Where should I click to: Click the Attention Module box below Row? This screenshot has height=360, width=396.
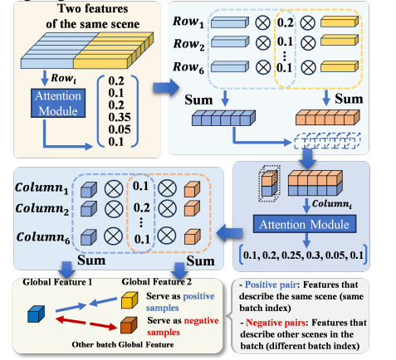(58, 103)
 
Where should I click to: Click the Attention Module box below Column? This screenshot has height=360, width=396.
(305, 224)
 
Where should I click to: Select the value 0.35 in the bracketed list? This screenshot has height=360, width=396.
(120, 117)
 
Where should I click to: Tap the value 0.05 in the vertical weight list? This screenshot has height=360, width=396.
(120, 129)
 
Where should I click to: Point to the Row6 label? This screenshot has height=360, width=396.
(188, 67)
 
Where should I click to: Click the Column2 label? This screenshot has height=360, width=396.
(42, 209)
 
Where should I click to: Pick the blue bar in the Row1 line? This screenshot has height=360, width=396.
(230, 22)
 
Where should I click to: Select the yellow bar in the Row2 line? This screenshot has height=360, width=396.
(340, 40)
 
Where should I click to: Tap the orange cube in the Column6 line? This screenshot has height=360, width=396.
(192, 236)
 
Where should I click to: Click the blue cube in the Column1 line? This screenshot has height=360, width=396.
(89, 189)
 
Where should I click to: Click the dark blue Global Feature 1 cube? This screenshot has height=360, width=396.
(36, 314)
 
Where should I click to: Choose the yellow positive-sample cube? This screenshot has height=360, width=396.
(130, 300)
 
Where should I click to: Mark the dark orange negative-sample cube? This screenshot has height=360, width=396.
(129, 325)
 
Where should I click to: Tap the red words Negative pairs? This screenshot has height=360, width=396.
(276, 323)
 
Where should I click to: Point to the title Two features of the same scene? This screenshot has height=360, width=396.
(93, 17)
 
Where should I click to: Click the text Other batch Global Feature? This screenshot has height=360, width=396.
(123, 344)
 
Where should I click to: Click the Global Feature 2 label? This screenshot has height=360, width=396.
(157, 282)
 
